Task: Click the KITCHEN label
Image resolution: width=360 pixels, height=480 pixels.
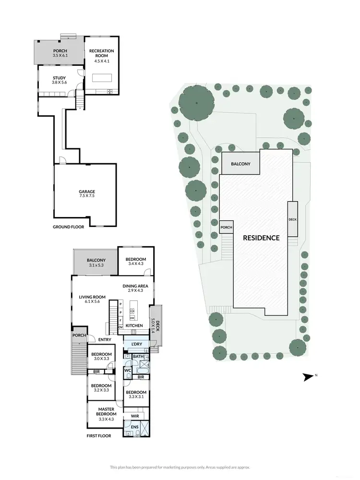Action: coord(134,326)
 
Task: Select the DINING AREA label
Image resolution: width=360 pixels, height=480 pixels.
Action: coord(134,286)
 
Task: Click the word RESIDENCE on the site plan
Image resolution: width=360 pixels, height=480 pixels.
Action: coord(261,238)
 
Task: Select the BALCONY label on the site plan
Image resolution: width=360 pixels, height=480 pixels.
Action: coord(240,164)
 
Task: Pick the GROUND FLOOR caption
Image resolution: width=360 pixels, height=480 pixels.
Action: coord(68,227)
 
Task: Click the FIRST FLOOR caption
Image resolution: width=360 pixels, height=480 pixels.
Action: coord(98,436)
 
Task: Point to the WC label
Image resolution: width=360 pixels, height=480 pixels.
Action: coord(128,371)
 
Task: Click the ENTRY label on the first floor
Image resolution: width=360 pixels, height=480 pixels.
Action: coord(105,340)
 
